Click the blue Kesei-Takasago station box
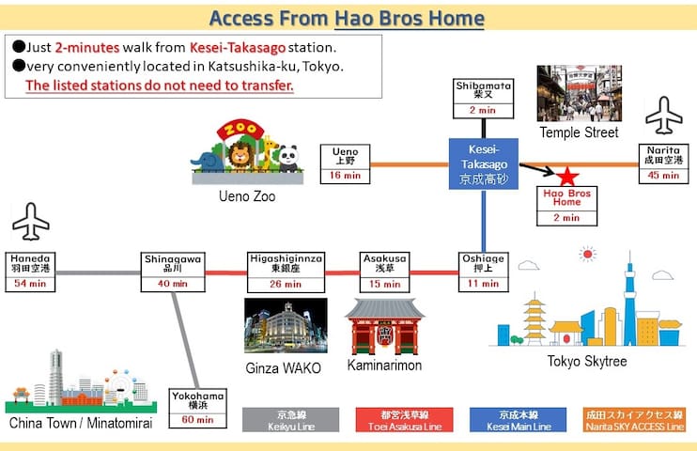point(484,163)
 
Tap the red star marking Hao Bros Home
point(567,176)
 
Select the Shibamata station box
point(483,99)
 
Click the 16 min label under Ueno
point(345,176)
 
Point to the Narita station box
point(664,163)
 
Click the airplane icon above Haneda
point(31,222)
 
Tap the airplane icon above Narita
point(664,116)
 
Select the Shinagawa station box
point(173,272)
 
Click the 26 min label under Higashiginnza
point(286,284)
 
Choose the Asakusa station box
point(384,272)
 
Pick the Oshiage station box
point(483,272)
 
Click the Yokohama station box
point(198,409)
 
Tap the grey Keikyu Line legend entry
point(290,420)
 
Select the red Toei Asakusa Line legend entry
point(405,420)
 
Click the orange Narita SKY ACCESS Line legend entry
point(634,420)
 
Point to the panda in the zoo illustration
point(288,159)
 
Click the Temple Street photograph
point(580,93)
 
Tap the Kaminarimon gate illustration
point(384,326)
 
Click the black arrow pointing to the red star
point(537,169)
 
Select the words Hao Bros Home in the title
point(409,18)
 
